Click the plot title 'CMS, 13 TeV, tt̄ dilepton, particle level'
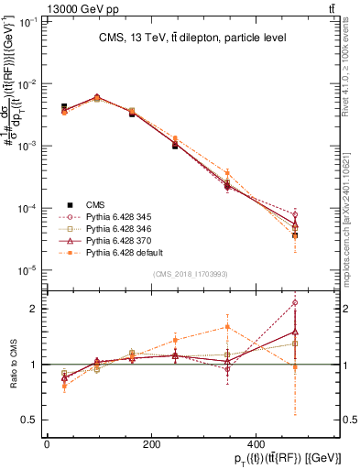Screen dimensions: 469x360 (x=193, y=38)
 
